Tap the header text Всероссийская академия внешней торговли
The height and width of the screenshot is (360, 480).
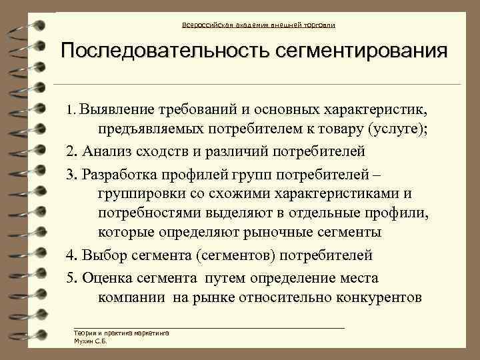pos(259,25)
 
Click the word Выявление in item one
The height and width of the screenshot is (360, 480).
pos(117,109)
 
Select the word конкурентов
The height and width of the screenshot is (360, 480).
pos(377,297)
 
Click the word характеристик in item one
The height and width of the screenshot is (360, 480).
pos(377,109)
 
